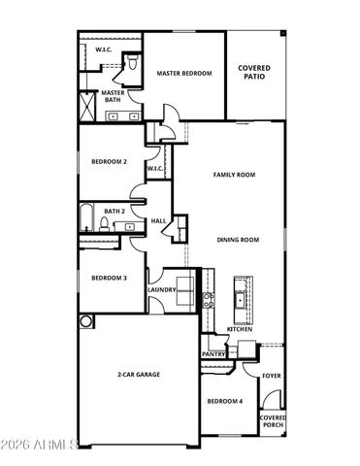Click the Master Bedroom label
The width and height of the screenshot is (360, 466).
(184, 73)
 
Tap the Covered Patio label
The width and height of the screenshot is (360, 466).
(254, 73)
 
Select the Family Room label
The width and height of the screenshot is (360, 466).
(234, 175)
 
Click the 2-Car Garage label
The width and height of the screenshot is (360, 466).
(140, 374)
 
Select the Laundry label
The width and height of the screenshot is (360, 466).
(161, 289)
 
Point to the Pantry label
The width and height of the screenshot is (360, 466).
(213, 354)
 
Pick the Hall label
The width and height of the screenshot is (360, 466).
(158, 221)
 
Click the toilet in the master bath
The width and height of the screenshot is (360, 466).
(130, 65)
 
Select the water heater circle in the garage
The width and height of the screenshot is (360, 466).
(85, 320)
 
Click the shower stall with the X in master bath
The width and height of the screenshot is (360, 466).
(86, 103)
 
